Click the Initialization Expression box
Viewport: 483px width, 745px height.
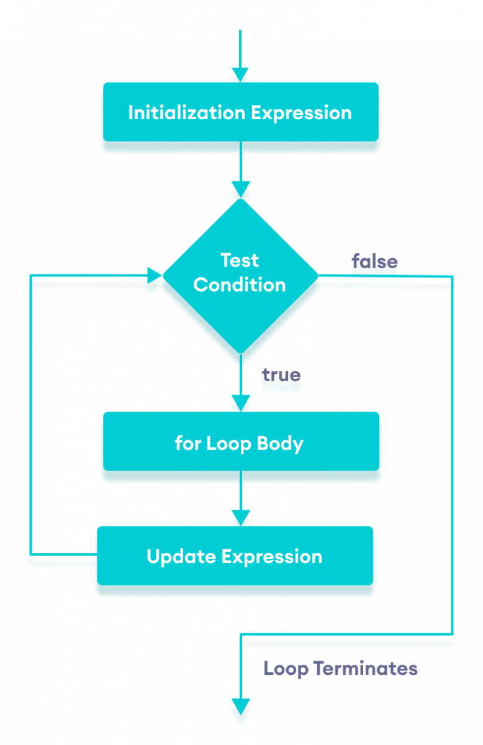click(x=240, y=113)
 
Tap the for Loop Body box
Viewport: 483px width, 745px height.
click(x=240, y=444)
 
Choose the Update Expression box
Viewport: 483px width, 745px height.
click(x=235, y=556)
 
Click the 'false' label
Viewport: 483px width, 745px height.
click(x=375, y=261)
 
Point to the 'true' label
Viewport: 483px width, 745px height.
click(x=281, y=375)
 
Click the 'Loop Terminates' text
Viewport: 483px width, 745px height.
click(x=340, y=669)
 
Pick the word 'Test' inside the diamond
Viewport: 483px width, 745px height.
click(x=240, y=260)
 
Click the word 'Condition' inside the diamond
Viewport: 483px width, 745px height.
click(x=240, y=285)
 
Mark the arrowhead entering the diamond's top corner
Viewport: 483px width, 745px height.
click(x=240, y=189)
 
